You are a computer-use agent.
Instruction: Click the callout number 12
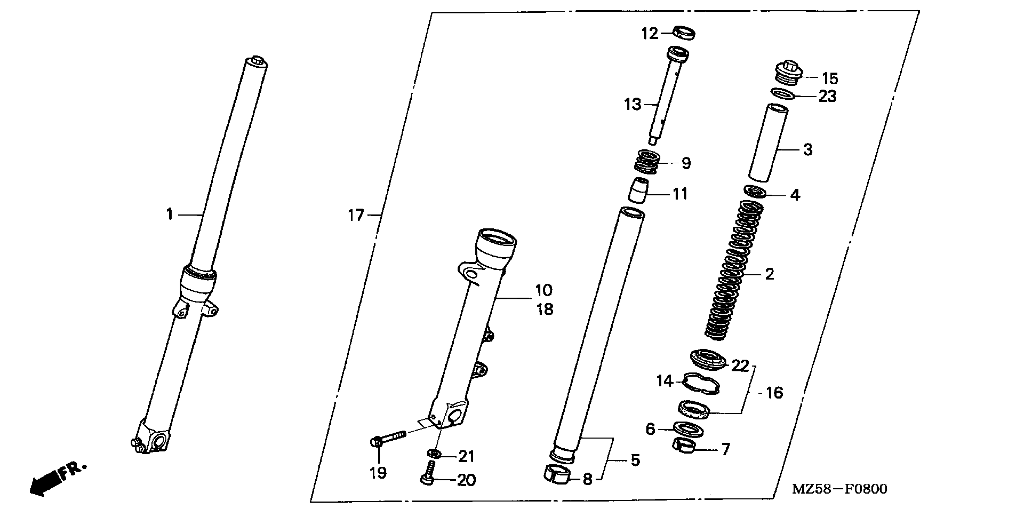point(650,34)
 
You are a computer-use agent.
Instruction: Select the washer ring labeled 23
point(783,94)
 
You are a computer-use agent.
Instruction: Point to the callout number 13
point(633,105)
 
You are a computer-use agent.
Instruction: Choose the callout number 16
point(774,393)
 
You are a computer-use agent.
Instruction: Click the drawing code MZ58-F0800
point(840,489)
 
